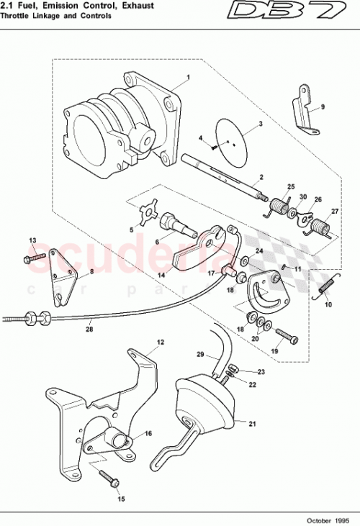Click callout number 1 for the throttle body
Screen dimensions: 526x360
188,76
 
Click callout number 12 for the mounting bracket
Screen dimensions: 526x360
161,343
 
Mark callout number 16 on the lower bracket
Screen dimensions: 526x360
148,433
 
